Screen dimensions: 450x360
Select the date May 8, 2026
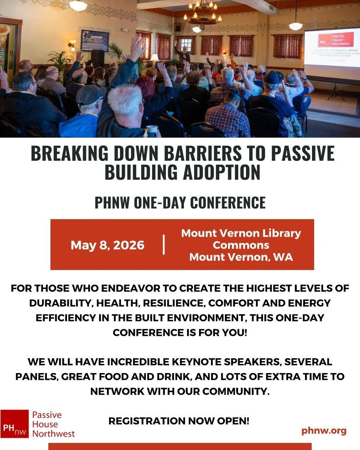[107, 245]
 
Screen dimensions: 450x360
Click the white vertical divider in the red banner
[164, 245]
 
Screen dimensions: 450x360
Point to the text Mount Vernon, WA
[241, 257]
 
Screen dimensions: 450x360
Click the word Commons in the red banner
[241, 245]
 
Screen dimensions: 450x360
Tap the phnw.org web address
[324, 431]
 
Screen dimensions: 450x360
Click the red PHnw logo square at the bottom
[14, 424]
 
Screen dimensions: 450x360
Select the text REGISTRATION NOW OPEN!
[179, 421]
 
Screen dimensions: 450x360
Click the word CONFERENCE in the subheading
[228, 203]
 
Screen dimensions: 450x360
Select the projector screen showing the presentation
[332, 53]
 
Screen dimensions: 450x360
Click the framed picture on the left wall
[95, 41]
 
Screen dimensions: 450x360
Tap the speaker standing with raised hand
[184, 53]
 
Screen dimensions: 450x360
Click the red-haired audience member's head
[144, 87]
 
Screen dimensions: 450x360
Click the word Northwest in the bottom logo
[54, 433]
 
